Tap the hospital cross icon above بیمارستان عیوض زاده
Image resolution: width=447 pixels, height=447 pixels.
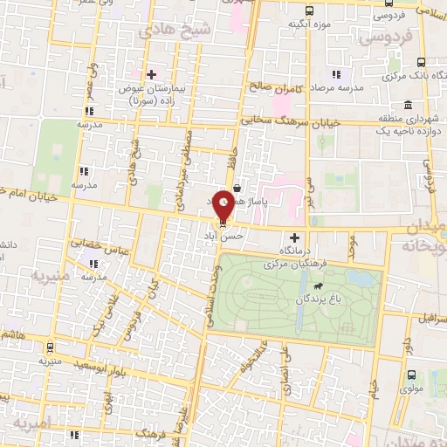(x=153, y=74)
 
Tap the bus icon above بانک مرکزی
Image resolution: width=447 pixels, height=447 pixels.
(x=422, y=62)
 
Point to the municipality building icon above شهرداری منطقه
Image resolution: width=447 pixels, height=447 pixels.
(x=409, y=106)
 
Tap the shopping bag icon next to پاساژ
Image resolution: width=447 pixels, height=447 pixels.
(x=238, y=185)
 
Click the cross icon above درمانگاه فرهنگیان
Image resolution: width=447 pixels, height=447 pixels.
(x=294, y=237)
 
